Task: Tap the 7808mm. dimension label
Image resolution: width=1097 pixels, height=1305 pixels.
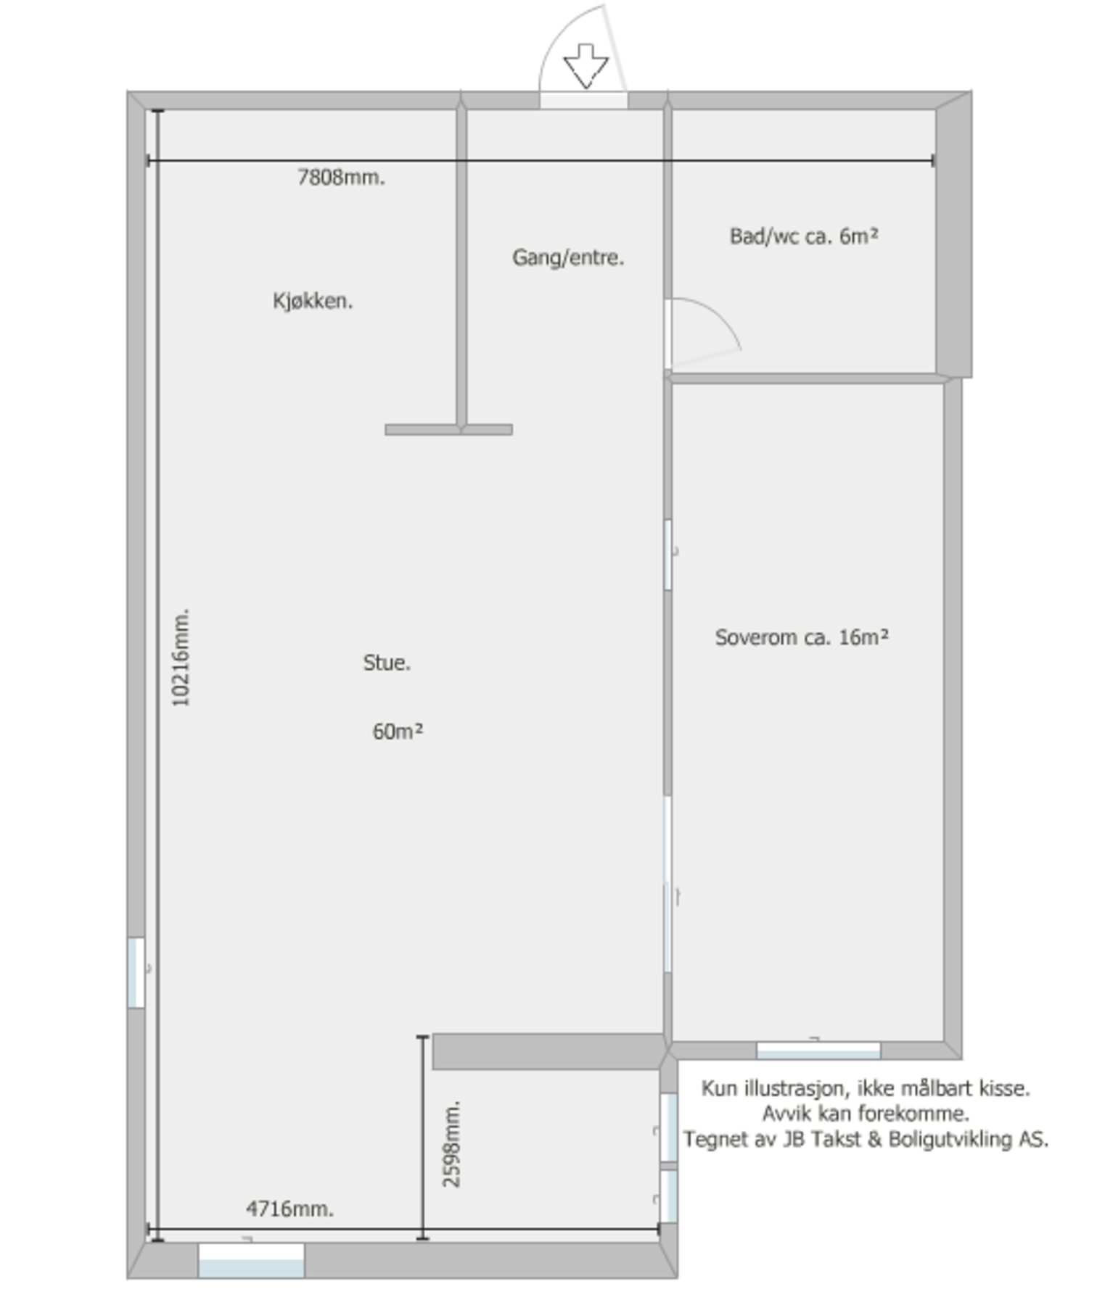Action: (x=341, y=178)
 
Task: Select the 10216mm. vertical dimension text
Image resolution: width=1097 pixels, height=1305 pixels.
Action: (x=181, y=657)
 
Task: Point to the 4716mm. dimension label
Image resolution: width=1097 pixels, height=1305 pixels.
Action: (x=289, y=1209)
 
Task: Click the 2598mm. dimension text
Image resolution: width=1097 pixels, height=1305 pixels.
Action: (x=451, y=1143)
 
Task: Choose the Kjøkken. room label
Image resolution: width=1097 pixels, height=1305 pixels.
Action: (x=313, y=301)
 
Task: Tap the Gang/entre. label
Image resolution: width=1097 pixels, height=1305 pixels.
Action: (x=568, y=257)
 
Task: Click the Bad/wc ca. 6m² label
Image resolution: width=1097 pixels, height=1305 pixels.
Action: (x=804, y=236)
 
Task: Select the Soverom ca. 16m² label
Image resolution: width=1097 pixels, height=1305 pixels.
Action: (x=802, y=637)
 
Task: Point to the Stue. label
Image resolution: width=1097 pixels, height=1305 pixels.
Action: (x=387, y=663)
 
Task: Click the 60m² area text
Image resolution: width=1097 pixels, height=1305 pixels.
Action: (x=398, y=732)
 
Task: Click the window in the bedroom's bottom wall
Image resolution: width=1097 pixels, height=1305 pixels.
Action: (x=818, y=1050)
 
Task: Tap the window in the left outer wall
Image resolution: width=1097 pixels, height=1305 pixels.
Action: (x=136, y=972)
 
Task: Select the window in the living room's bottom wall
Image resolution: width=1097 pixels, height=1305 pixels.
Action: (x=251, y=1260)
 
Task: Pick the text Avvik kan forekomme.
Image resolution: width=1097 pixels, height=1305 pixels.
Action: (x=866, y=1114)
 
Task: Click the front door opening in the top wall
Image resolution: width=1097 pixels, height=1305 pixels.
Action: (x=583, y=101)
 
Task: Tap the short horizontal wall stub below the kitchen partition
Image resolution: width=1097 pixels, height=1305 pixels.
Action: (x=448, y=430)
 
